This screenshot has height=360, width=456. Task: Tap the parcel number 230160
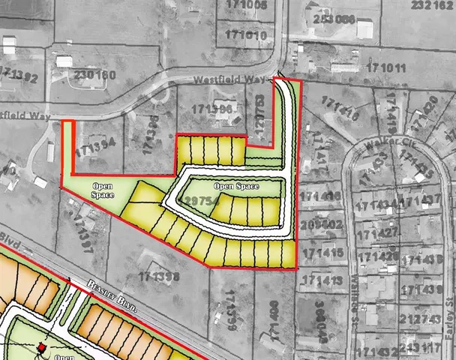(x=94, y=75)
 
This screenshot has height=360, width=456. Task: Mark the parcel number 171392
(x=18, y=74)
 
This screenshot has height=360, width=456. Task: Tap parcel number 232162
(x=433, y=5)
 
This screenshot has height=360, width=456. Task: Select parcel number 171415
(x=324, y=253)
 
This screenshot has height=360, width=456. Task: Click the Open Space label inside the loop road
(x=235, y=186)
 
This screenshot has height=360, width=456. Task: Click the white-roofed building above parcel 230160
(x=64, y=61)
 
